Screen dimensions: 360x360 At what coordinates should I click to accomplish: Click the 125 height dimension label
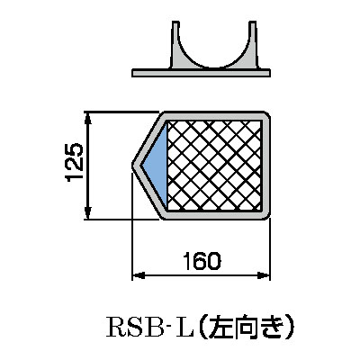(74, 162)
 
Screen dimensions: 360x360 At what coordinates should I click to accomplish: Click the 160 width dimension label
(202, 261)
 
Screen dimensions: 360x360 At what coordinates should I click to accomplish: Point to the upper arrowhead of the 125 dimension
(87, 118)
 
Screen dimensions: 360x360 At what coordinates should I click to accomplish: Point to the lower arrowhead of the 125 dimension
(87, 213)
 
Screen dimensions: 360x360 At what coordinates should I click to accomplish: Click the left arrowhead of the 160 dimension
(139, 275)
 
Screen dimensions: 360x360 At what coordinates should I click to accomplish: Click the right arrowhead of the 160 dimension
(264, 275)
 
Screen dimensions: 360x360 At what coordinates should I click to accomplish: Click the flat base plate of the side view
(202, 73)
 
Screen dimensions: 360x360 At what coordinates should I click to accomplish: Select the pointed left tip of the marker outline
(133, 166)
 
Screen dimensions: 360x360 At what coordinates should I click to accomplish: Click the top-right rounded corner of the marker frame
(266, 116)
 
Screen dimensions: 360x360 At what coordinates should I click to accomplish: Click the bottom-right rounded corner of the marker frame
(266, 215)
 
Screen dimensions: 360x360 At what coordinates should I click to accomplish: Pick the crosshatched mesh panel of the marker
(214, 166)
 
